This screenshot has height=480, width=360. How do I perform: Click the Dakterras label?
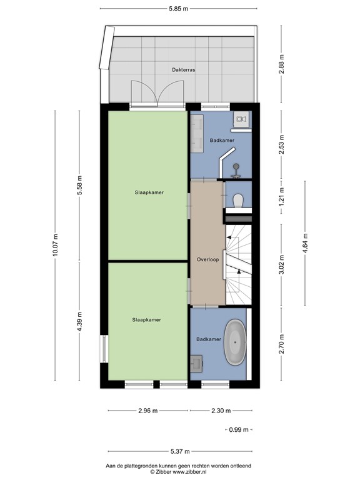(x=183, y=70)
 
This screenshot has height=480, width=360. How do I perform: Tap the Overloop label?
(x=208, y=259)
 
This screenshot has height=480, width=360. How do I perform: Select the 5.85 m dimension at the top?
(x=179, y=9)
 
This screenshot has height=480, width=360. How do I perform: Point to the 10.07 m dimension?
(x=55, y=244)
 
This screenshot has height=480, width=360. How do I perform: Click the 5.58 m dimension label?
(x=79, y=185)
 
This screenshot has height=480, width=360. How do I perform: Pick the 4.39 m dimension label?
(x=79, y=321)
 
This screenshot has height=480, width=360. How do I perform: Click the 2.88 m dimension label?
(x=282, y=64)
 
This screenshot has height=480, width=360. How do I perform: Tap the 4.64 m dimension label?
(x=305, y=243)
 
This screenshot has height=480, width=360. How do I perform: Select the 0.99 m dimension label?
(x=239, y=430)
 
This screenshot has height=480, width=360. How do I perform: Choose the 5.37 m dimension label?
(x=180, y=451)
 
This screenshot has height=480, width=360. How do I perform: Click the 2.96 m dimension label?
(x=148, y=411)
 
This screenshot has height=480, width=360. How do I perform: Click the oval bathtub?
(x=235, y=342)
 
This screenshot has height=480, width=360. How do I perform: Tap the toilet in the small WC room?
(x=238, y=201)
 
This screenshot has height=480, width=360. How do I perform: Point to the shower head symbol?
(x=236, y=166)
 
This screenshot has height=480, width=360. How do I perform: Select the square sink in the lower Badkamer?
(x=196, y=363)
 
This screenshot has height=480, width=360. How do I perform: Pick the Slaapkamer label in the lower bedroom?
(x=146, y=320)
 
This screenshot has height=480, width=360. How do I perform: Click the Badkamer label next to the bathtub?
(x=209, y=339)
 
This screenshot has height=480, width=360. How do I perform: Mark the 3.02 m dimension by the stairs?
(x=282, y=264)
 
